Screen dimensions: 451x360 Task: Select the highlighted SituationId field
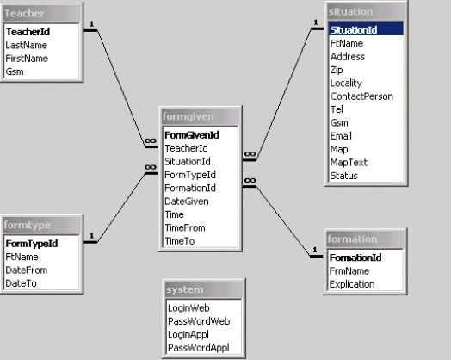(354, 30)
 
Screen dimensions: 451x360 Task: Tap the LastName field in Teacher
(26, 45)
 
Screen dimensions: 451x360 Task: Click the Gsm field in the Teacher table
(15, 71)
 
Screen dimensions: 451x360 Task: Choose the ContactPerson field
(361, 96)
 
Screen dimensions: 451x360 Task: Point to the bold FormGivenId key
(192, 135)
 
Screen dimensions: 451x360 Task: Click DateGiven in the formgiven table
(187, 202)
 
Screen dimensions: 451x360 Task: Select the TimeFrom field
(185, 228)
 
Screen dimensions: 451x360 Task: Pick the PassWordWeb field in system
(199, 321)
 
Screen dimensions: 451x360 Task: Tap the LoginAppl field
(188, 334)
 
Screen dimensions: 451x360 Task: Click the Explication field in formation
(352, 284)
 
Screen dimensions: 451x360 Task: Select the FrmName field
(349, 271)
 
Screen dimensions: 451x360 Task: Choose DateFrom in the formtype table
(27, 270)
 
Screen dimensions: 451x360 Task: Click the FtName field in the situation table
(347, 43)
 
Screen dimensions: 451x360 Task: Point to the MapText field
(349, 163)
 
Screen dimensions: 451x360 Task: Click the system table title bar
(204, 289)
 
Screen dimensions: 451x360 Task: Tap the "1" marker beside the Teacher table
(92, 24)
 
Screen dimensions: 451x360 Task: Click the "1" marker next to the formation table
(315, 250)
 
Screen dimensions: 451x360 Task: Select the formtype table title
(28, 225)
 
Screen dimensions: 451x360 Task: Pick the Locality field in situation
(346, 84)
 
